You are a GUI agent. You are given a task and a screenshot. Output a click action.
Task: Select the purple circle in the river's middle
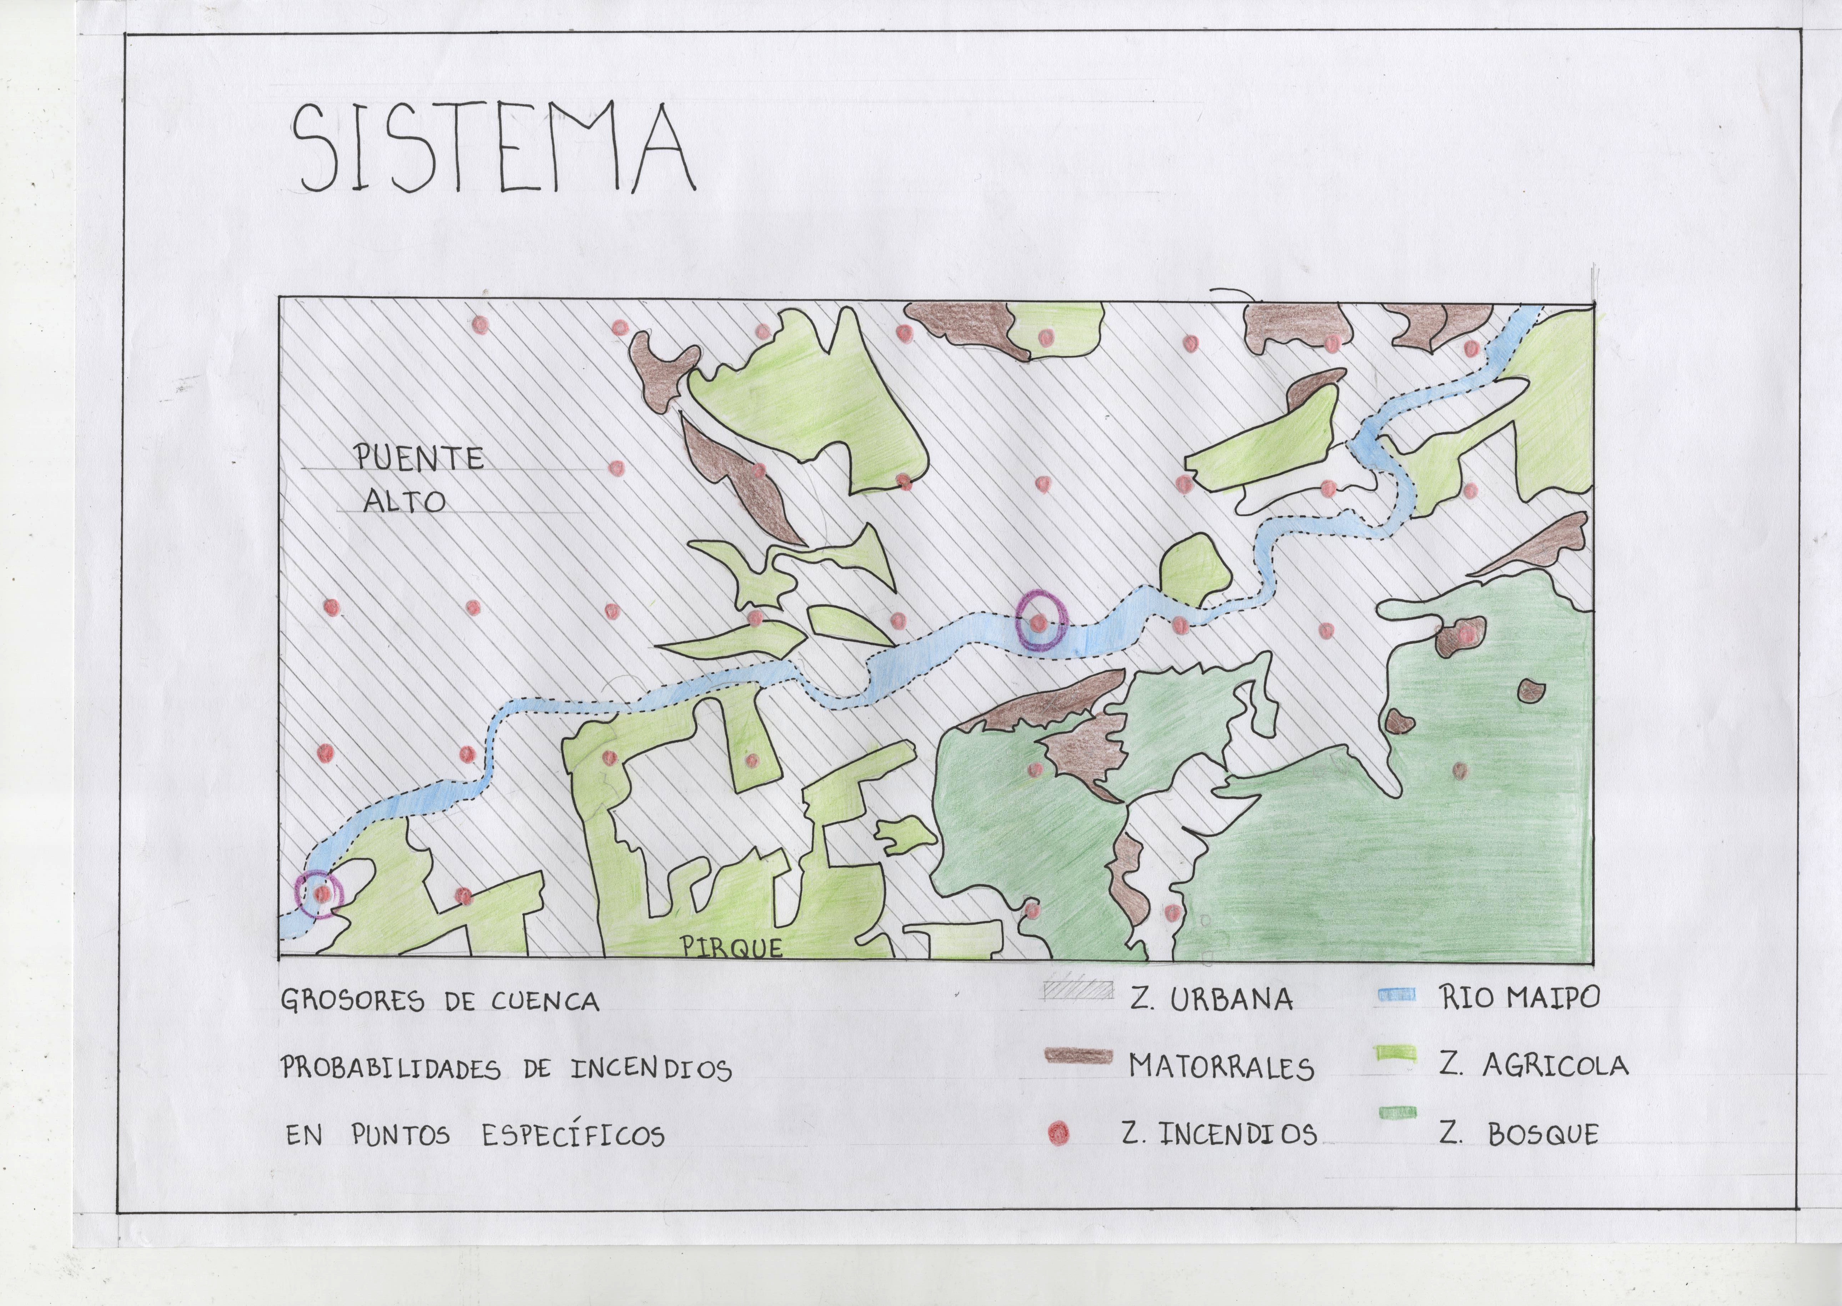click(1041, 620)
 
